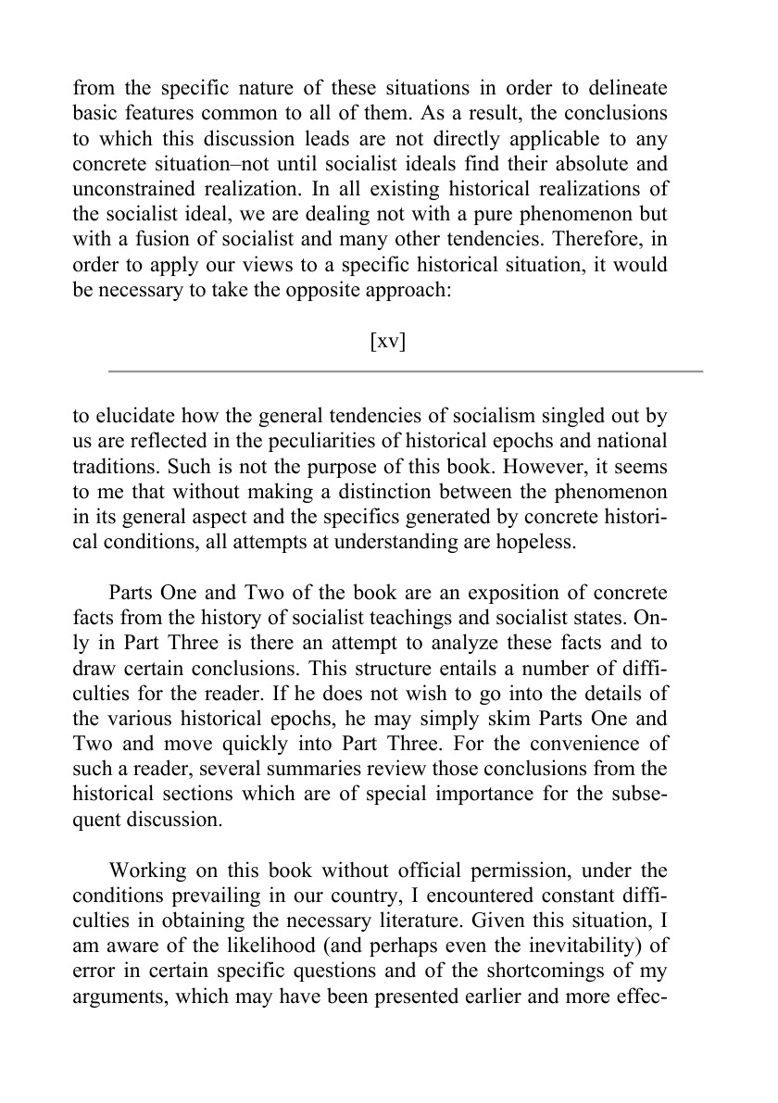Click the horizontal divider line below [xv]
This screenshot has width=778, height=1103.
click(406, 371)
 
